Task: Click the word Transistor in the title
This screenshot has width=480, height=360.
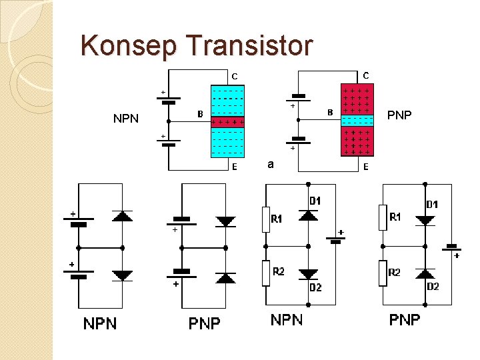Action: (x=249, y=45)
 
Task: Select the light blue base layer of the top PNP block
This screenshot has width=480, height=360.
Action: (x=357, y=121)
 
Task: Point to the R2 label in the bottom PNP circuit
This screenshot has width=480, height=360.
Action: (x=395, y=273)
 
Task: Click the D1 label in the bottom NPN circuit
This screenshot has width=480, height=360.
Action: (x=315, y=200)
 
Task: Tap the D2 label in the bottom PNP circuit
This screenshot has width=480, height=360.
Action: (x=433, y=287)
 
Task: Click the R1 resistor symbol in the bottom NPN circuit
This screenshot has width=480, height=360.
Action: (x=265, y=219)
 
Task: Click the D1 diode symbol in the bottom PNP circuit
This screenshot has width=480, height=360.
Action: (x=425, y=220)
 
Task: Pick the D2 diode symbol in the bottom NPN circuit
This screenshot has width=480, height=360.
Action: (x=308, y=273)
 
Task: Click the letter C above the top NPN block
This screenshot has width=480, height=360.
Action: (x=235, y=77)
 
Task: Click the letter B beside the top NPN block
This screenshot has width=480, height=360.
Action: (x=199, y=114)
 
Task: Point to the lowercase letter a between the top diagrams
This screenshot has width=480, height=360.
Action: (x=269, y=163)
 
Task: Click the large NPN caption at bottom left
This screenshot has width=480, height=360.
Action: (x=100, y=324)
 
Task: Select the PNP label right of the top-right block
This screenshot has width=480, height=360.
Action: (x=399, y=115)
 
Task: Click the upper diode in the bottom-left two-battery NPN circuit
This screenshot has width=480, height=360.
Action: (x=123, y=215)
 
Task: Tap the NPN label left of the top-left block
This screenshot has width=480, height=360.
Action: (x=126, y=119)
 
